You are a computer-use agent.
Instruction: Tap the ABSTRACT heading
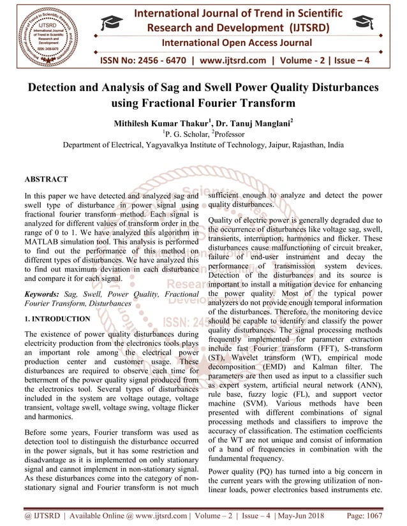point(46,180)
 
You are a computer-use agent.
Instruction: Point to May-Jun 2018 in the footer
point(311,513)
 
